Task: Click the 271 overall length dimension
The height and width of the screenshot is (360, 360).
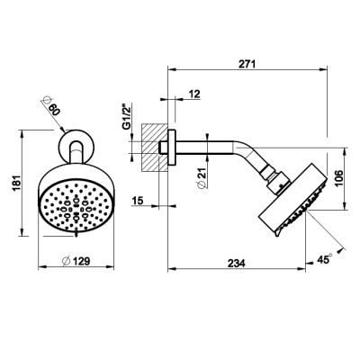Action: (x=247, y=64)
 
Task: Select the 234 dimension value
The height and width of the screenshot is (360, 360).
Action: (x=237, y=263)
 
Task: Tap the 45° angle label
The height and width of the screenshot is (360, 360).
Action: (x=325, y=259)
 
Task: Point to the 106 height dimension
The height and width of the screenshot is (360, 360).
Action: (x=338, y=178)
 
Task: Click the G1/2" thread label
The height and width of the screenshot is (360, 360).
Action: (x=126, y=117)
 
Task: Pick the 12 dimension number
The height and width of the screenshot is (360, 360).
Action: (x=194, y=94)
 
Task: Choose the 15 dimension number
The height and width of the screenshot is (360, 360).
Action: (x=138, y=200)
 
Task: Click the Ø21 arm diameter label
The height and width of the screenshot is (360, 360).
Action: (x=202, y=178)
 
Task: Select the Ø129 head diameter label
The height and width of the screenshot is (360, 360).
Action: (x=76, y=261)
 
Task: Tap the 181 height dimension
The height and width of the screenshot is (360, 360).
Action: (x=16, y=184)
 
